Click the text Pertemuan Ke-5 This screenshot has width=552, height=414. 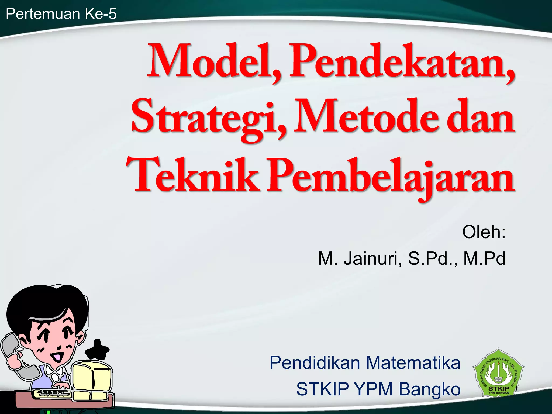(x=61, y=14)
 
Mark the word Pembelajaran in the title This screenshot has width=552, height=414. (x=391, y=177)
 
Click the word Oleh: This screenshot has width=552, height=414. (x=484, y=232)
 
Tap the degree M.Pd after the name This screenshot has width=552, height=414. (x=484, y=258)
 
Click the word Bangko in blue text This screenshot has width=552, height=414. (x=430, y=389)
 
